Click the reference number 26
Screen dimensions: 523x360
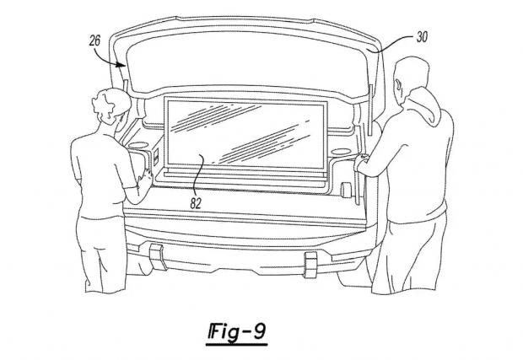coord(94,40)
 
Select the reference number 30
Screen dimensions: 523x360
coord(422,36)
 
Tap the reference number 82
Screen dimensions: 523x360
coord(196,203)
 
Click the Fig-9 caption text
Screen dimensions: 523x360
coord(237,332)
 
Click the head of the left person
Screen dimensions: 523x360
coord(111,106)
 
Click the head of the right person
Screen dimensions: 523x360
coord(410,79)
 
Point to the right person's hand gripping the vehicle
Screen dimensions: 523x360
coord(360,163)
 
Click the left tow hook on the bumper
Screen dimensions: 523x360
coord(158,256)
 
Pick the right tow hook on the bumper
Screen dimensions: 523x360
coord(310,265)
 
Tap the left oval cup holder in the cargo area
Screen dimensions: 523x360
coord(138,145)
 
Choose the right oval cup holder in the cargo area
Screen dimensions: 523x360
coord(341,152)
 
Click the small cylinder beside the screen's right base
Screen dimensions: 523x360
coord(347,190)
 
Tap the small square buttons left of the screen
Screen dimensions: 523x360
coord(156,156)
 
